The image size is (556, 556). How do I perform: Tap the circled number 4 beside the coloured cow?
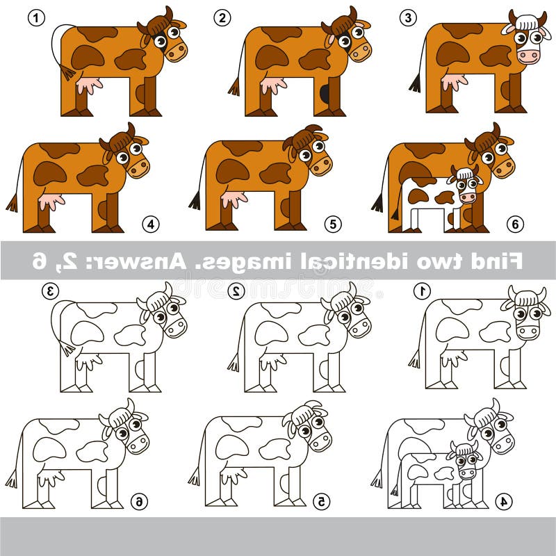coord(151,224)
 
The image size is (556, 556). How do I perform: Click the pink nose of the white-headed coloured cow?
coord(530,56)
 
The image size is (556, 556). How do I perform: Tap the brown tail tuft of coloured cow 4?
coord(12,203)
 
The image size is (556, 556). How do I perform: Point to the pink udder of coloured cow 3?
coord(454,82)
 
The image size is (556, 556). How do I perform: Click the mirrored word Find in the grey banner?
coord(499,261)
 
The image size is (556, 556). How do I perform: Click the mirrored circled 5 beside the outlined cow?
coord(320,500)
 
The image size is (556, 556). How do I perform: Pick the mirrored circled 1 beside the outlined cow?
coord(422,291)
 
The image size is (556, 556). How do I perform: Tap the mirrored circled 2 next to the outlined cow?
coord(236,291)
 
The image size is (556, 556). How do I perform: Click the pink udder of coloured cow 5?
coord(234,199)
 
